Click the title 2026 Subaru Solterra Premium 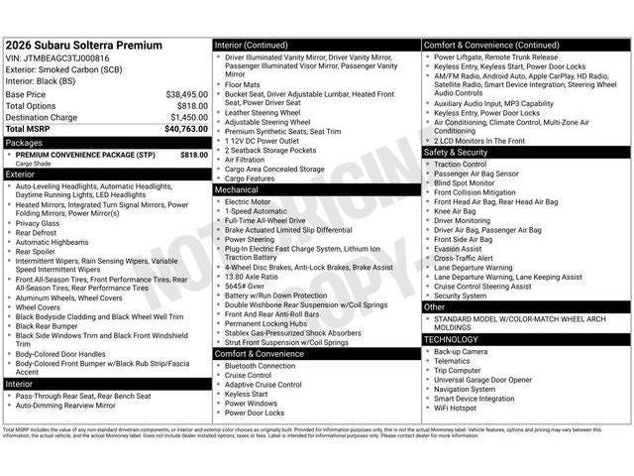(x=84, y=47)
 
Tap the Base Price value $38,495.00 (x=186, y=94)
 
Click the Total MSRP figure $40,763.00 (x=185, y=129)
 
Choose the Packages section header (x=24, y=142)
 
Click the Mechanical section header (x=237, y=189)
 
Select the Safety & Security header (x=457, y=152)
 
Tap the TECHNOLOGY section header (x=451, y=339)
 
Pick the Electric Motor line (x=248, y=201)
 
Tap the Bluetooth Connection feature (x=261, y=366)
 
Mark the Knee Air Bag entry (x=455, y=210)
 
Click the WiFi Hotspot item (x=456, y=408)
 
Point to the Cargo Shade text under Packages (x=35, y=164)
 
